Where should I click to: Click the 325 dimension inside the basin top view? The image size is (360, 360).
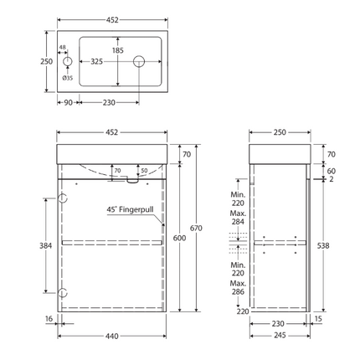[96, 60]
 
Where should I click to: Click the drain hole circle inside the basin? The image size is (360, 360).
[140, 60]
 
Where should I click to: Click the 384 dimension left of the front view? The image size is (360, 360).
[48, 246]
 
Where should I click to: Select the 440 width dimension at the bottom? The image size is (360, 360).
[111, 336]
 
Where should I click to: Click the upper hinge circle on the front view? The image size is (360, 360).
[61, 198]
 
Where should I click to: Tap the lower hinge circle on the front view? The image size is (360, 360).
[61, 294]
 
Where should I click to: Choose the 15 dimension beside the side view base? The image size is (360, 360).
[318, 319]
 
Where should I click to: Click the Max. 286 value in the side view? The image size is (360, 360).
[239, 290]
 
